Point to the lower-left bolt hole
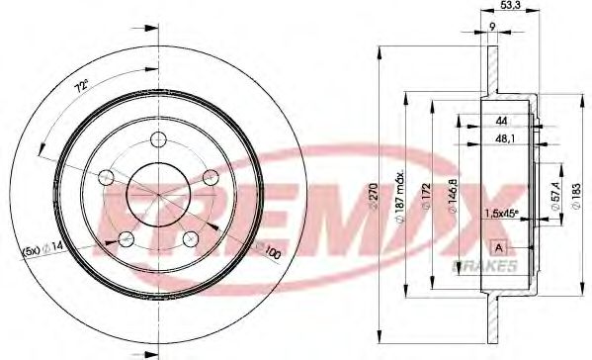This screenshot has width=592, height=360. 125,238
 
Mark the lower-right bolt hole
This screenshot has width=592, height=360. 191,238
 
